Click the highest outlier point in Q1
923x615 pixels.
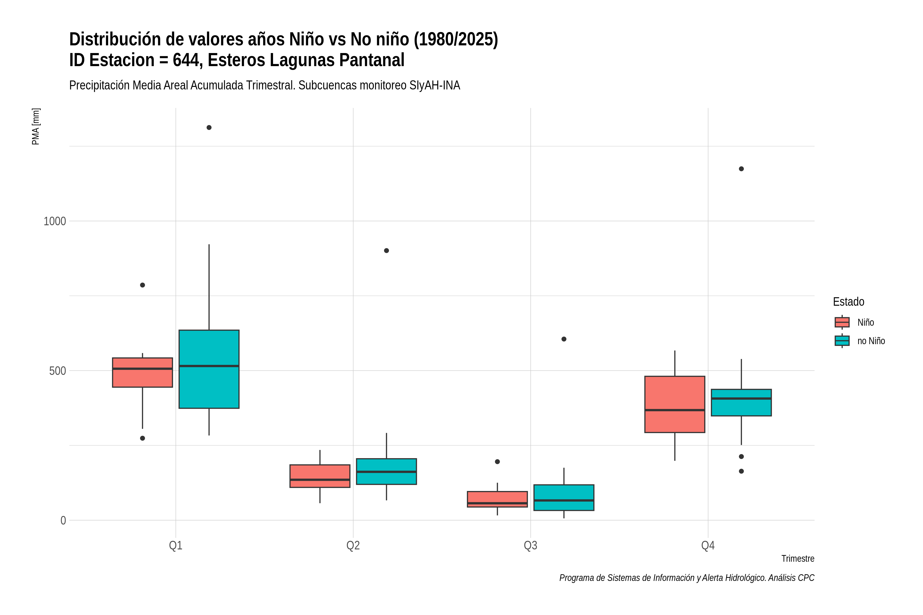tap(209, 127)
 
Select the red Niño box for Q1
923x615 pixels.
tap(143, 372)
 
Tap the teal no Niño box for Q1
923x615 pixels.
tap(209, 369)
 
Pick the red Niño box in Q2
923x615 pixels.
tap(320, 476)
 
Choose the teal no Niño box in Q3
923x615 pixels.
tap(564, 497)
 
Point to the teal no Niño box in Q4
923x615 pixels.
tap(741, 402)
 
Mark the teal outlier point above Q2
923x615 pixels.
tap(387, 251)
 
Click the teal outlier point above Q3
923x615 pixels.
tap(564, 339)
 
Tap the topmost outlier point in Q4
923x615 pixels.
tap(741, 169)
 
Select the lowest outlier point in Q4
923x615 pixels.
tap(741, 471)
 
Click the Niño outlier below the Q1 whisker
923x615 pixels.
tap(143, 438)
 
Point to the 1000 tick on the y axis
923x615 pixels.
tap(55, 221)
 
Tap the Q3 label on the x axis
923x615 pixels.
tap(530, 545)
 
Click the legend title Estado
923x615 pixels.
tap(848, 302)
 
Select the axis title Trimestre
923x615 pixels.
tap(798, 559)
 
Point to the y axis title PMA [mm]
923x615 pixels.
tap(36, 126)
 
